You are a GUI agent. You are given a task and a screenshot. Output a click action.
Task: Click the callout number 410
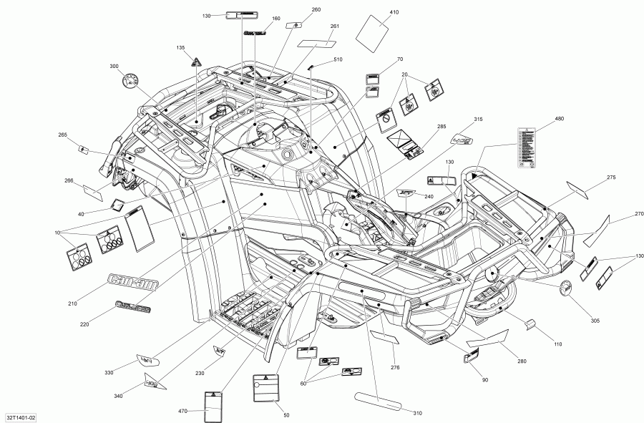click(394, 12)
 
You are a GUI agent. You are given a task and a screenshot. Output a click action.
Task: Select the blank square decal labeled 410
click(372, 31)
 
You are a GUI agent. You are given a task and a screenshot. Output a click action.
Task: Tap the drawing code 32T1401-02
click(21, 417)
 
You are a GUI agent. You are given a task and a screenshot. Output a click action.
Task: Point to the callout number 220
click(84, 325)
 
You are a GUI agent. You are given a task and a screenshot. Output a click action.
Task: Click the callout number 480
click(560, 118)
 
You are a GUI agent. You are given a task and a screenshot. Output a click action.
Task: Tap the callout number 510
click(338, 59)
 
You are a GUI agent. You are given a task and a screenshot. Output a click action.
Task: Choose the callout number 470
click(182, 412)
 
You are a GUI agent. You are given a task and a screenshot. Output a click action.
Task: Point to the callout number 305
click(596, 319)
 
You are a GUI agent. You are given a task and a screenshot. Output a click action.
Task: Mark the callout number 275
click(610, 177)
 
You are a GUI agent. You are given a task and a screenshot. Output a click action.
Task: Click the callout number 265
click(62, 135)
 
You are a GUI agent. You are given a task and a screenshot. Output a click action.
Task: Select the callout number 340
click(118, 396)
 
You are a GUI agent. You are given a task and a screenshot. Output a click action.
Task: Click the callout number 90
click(485, 379)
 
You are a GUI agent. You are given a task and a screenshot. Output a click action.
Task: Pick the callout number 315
click(478, 119)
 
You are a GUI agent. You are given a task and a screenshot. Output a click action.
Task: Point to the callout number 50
click(286, 415)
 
